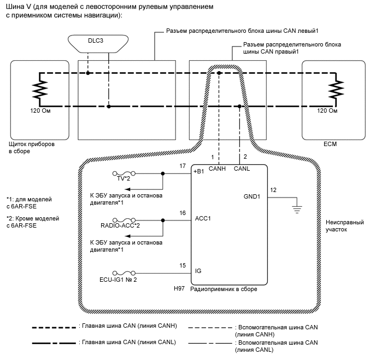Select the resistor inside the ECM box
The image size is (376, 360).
(x=339, y=89)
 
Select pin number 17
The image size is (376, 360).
(x=183, y=165)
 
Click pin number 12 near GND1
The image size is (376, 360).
(x=273, y=190)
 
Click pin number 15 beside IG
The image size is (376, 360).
(x=183, y=266)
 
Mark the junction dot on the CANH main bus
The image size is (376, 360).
(x=219, y=73)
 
